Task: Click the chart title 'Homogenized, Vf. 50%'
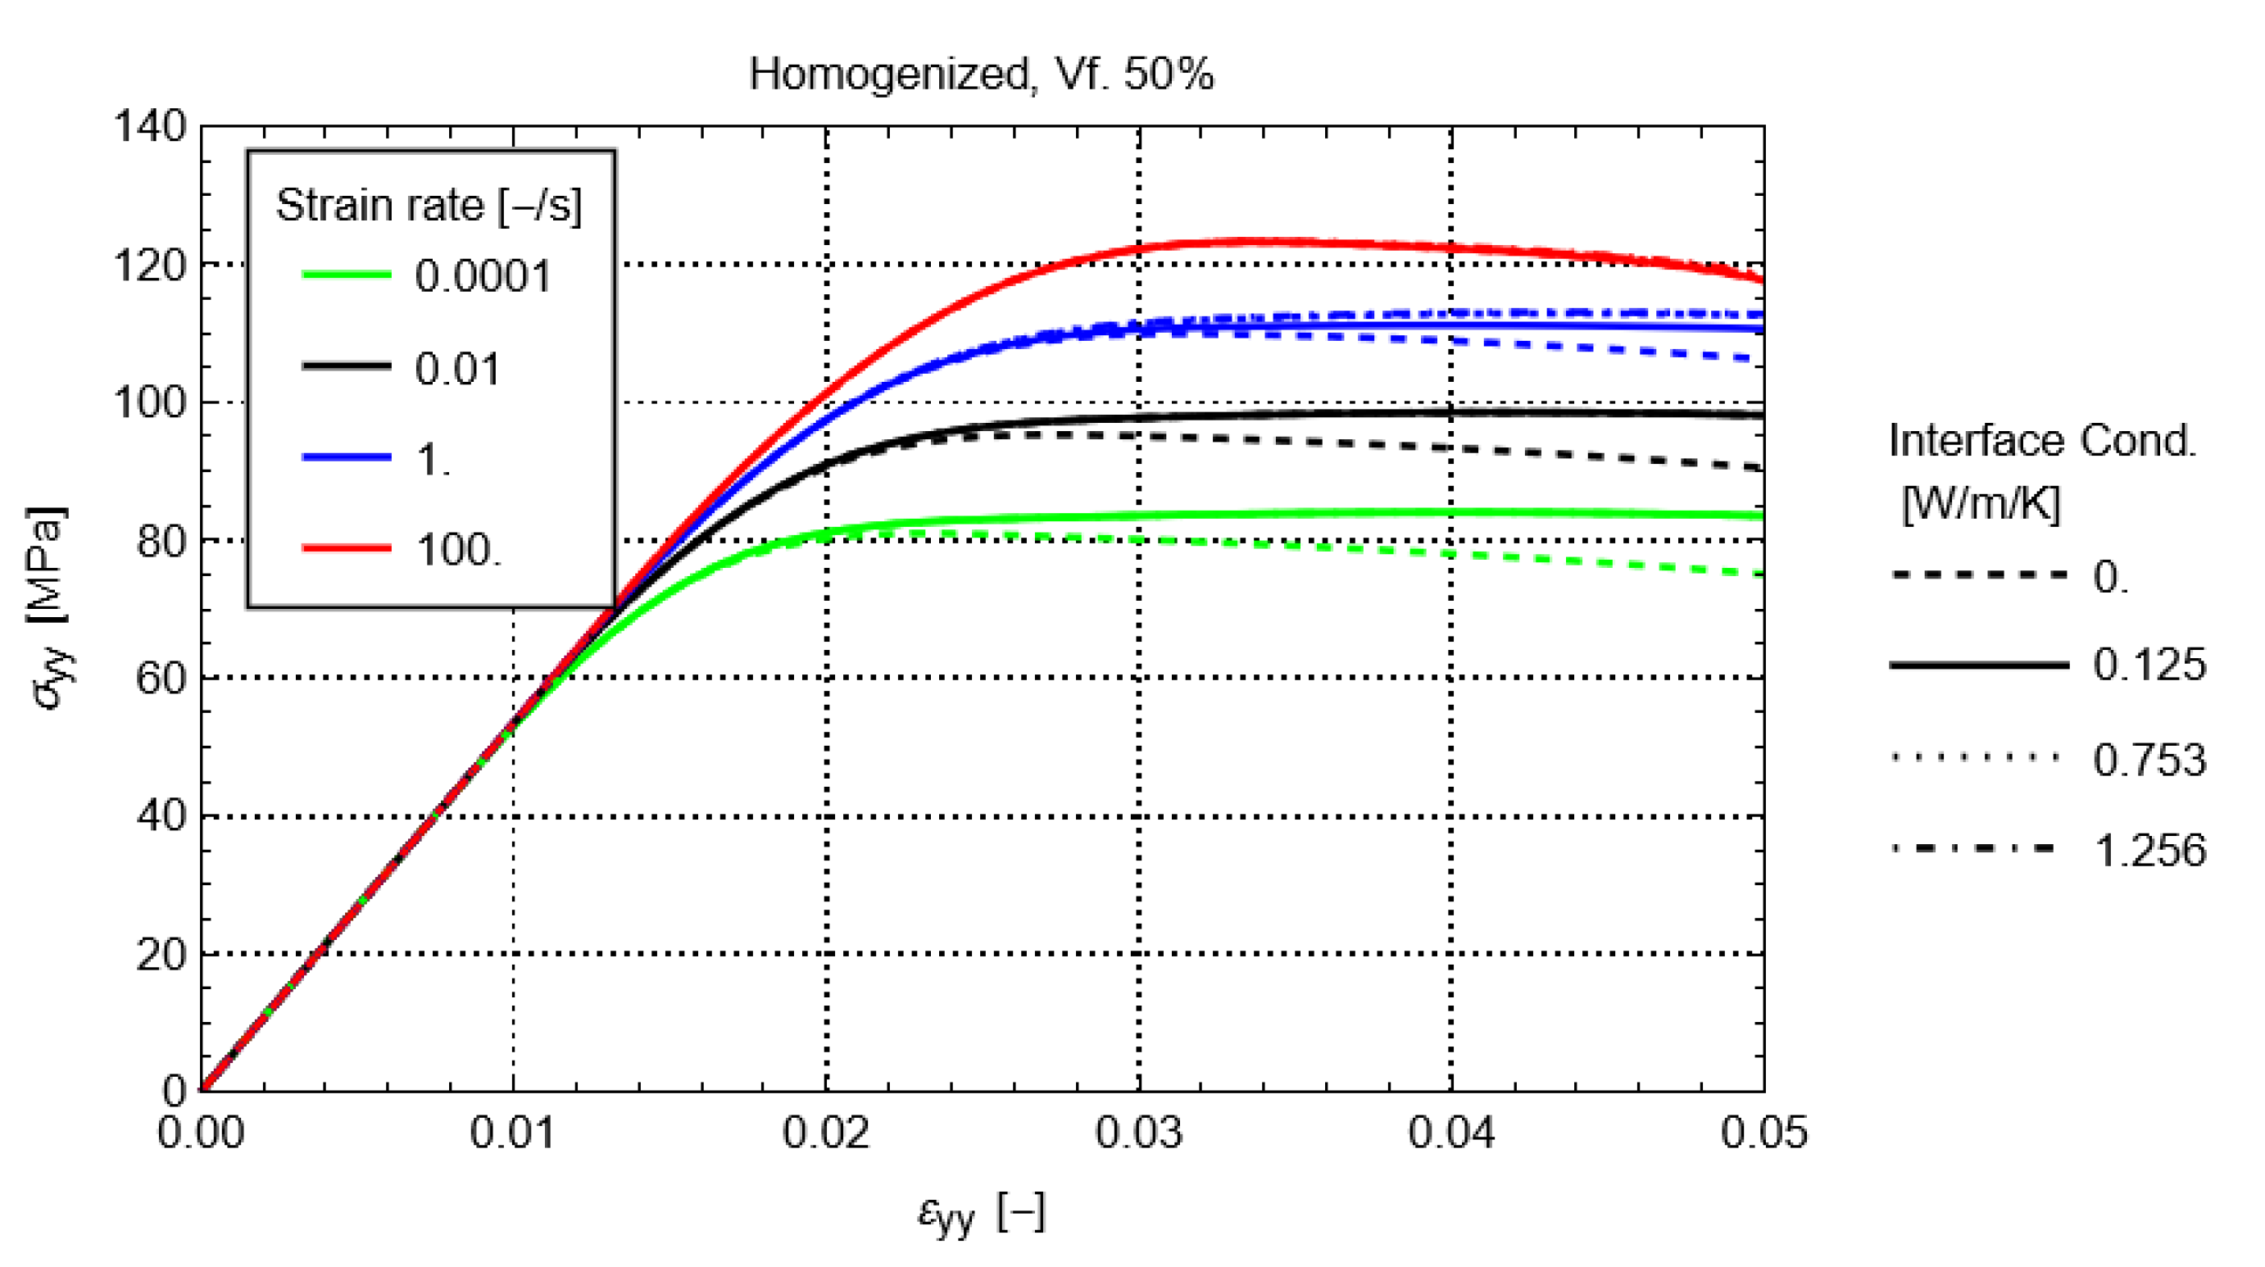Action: coord(980,74)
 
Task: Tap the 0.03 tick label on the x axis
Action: coord(1139,1133)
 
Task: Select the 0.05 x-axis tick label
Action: coord(1763,1133)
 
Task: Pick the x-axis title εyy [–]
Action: coord(980,1215)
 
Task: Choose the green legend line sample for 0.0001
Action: coord(347,275)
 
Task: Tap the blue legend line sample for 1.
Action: coord(347,457)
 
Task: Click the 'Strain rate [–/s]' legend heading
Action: coord(429,206)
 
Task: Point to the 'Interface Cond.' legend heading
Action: coord(2041,441)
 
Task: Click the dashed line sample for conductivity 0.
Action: coord(1978,575)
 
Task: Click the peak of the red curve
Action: coord(1249,240)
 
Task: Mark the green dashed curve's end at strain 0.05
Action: coord(1762,574)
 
